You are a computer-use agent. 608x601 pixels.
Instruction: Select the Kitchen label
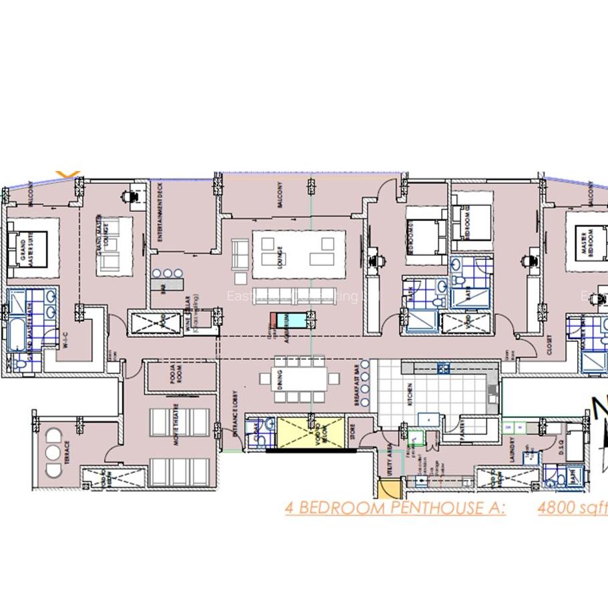click(x=410, y=393)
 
